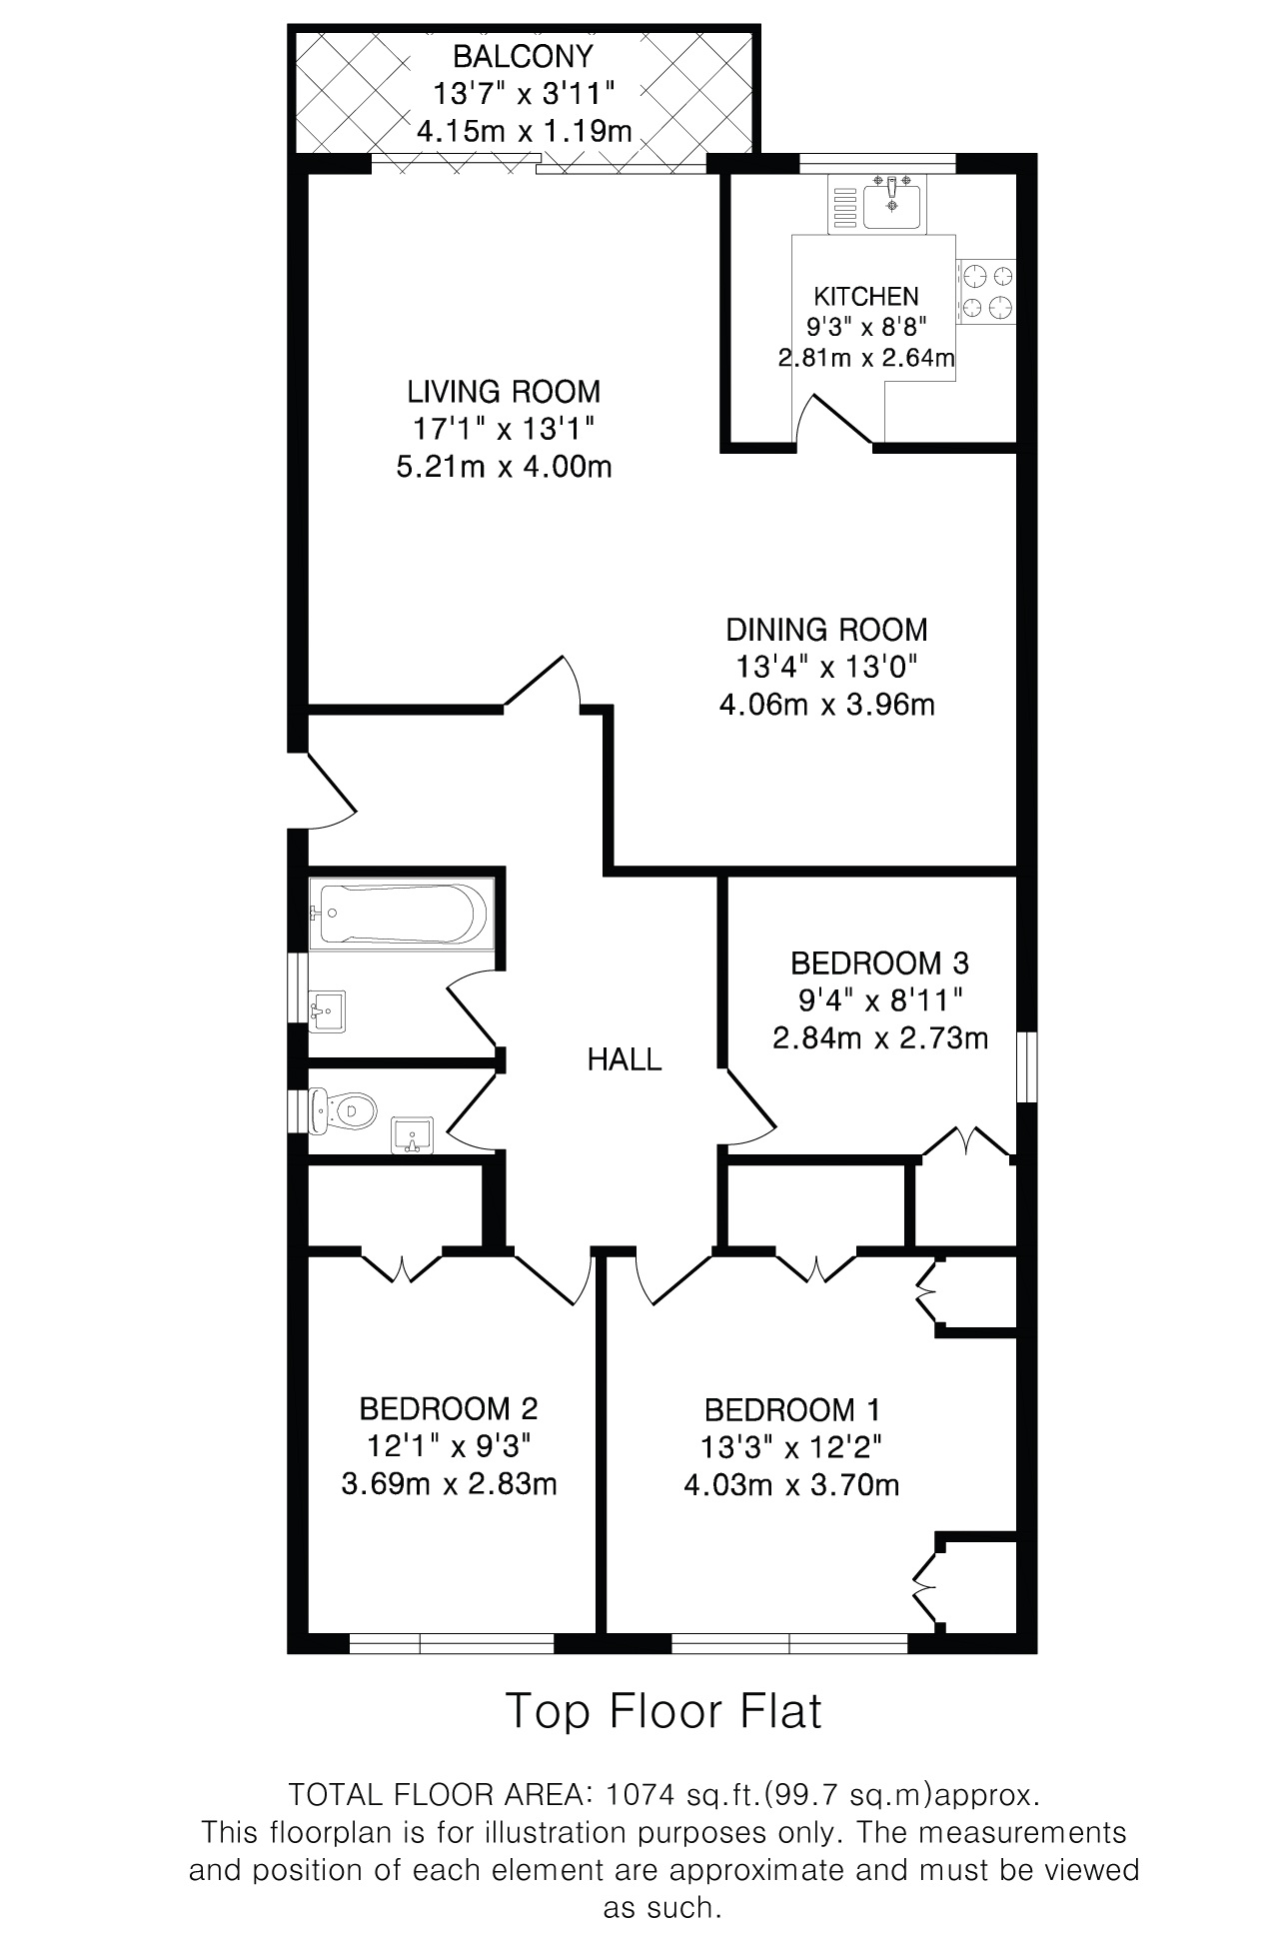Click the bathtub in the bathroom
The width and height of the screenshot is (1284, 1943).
(399, 914)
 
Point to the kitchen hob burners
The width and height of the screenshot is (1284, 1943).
(986, 292)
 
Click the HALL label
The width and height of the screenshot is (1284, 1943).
(625, 1059)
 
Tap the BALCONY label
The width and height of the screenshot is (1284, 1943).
(523, 56)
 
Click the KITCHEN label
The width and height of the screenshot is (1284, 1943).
(866, 296)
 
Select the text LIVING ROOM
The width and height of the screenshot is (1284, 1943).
(504, 390)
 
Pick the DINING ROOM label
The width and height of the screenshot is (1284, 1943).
(826, 630)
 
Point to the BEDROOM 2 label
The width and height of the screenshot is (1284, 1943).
(449, 1409)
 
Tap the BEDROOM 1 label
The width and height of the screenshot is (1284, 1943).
(791, 1410)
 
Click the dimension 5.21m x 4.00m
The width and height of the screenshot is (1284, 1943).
(504, 467)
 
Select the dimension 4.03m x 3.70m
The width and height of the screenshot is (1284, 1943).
(791, 1485)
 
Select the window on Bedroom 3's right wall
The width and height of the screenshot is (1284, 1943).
(1026, 1067)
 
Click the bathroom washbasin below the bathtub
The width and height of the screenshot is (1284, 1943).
(328, 1009)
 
